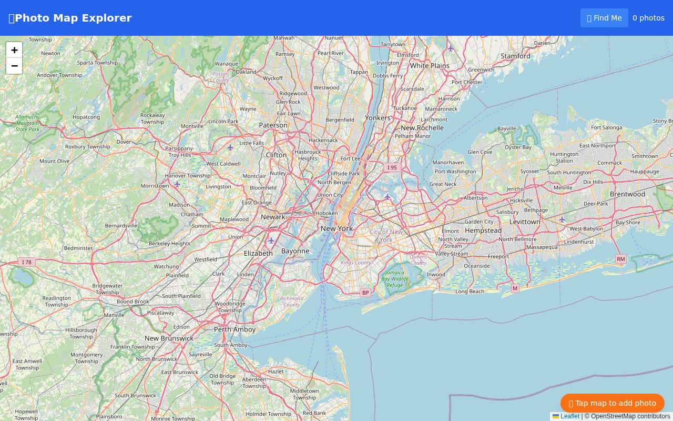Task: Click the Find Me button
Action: [x=604, y=18]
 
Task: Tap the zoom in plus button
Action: [x=14, y=50]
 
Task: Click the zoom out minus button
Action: [x=14, y=66]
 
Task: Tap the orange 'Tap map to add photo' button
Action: [x=612, y=403]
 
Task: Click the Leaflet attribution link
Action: [x=569, y=416]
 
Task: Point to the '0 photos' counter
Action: [x=648, y=18]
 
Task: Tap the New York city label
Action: [x=336, y=228]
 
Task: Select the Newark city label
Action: [x=273, y=217]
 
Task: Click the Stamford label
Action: [x=515, y=56]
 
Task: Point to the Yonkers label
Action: [x=378, y=118]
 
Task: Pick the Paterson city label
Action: [x=273, y=125]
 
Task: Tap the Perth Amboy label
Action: [x=234, y=329]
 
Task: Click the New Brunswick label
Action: [x=169, y=338]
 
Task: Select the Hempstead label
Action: [x=483, y=230]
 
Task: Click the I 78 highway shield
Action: [x=26, y=262]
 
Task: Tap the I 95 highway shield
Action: [x=392, y=167]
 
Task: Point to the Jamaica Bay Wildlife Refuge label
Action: [x=395, y=279]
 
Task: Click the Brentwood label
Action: [x=627, y=194]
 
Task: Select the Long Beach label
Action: [x=470, y=292]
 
